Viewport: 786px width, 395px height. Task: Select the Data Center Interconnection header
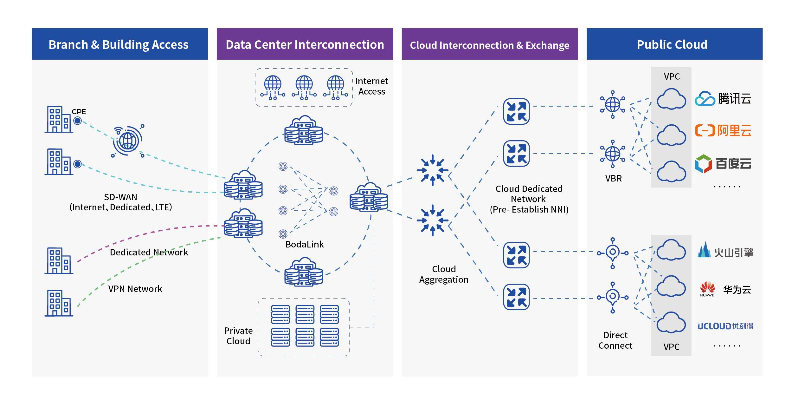click(x=305, y=44)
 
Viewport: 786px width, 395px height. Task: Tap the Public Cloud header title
click(x=672, y=44)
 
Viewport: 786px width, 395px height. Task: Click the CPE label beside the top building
click(x=79, y=112)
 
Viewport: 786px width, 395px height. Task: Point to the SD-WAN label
click(x=120, y=202)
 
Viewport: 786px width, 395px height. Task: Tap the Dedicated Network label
click(x=149, y=252)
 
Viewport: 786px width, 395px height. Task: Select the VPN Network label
click(x=135, y=289)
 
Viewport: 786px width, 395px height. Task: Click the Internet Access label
click(x=371, y=86)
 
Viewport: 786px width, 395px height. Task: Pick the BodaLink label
click(x=305, y=244)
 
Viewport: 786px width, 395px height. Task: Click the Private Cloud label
click(x=238, y=336)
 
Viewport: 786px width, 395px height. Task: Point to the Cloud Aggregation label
click(x=444, y=274)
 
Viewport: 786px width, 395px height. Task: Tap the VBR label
click(x=613, y=178)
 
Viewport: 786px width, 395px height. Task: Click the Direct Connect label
click(x=615, y=340)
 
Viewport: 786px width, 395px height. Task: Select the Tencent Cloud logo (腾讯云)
click(x=723, y=99)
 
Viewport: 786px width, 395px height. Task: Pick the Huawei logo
click(x=708, y=289)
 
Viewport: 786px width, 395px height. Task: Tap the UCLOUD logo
click(x=725, y=326)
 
